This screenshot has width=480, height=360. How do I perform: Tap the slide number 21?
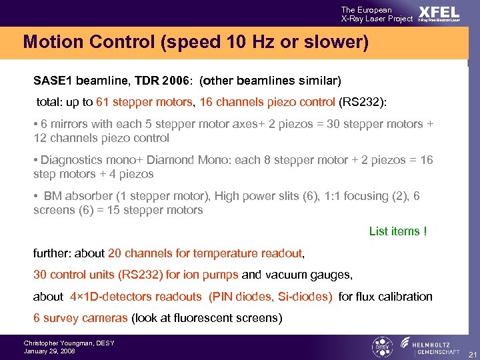pyautogui.click(x=471, y=353)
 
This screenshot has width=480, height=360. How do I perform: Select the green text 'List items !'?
pyautogui.click(x=398, y=231)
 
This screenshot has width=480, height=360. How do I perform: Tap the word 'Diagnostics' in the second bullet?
pyautogui.click(x=69, y=160)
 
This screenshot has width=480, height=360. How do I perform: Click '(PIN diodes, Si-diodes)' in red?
pyautogui.click(x=271, y=297)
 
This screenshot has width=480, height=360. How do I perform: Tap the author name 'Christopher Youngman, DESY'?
pyautogui.click(x=69, y=343)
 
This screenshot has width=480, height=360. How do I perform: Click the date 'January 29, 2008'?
pyautogui.click(x=49, y=351)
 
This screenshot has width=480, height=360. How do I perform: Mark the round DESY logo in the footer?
pyautogui.click(x=381, y=347)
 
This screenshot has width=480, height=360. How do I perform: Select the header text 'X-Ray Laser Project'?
pyautogui.click(x=377, y=19)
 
